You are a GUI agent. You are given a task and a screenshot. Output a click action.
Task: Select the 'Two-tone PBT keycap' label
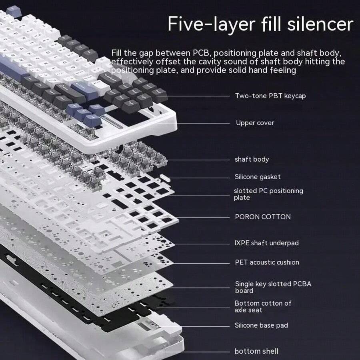click(270, 96)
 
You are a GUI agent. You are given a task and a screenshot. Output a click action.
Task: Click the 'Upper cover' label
click(255, 123)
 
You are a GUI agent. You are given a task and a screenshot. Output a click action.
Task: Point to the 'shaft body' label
click(252, 159)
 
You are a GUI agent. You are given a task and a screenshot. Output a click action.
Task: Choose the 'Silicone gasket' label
click(257, 177)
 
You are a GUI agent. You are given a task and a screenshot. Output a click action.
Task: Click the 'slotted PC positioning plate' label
click(268, 194)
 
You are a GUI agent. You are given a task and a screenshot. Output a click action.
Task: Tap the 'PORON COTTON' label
click(262, 217)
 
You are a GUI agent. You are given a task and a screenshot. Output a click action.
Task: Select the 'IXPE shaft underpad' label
click(266, 243)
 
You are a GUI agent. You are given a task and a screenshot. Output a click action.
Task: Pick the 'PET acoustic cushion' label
click(266, 262)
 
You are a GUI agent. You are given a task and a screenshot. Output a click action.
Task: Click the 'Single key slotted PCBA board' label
click(273, 287)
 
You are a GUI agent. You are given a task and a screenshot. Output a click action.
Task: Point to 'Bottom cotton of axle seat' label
click(263, 306)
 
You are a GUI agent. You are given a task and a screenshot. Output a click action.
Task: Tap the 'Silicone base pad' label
click(261, 326)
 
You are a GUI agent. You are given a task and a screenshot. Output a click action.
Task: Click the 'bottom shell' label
click(256, 352)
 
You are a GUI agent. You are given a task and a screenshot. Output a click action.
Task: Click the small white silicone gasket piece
click(162, 176)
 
